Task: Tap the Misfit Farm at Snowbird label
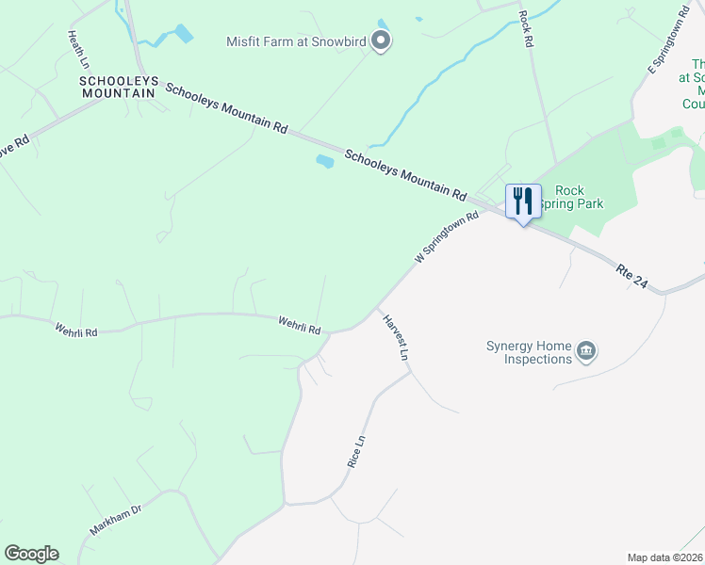[x=295, y=40]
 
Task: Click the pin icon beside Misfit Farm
[x=381, y=40]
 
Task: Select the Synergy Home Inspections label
[x=529, y=352]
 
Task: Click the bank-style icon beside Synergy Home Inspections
[x=586, y=352]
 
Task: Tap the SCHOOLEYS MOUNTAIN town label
[x=118, y=87]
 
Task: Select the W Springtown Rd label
[x=447, y=237]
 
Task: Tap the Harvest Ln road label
[x=395, y=337]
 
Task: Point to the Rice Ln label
[x=355, y=452]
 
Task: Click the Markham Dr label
[x=116, y=517]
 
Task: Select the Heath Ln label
[x=77, y=49]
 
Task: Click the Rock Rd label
[x=526, y=29]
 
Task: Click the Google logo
[x=31, y=554]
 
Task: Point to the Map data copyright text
[x=665, y=557]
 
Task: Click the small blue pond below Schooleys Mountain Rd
[x=325, y=161]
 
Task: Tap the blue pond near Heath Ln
[x=182, y=34]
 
